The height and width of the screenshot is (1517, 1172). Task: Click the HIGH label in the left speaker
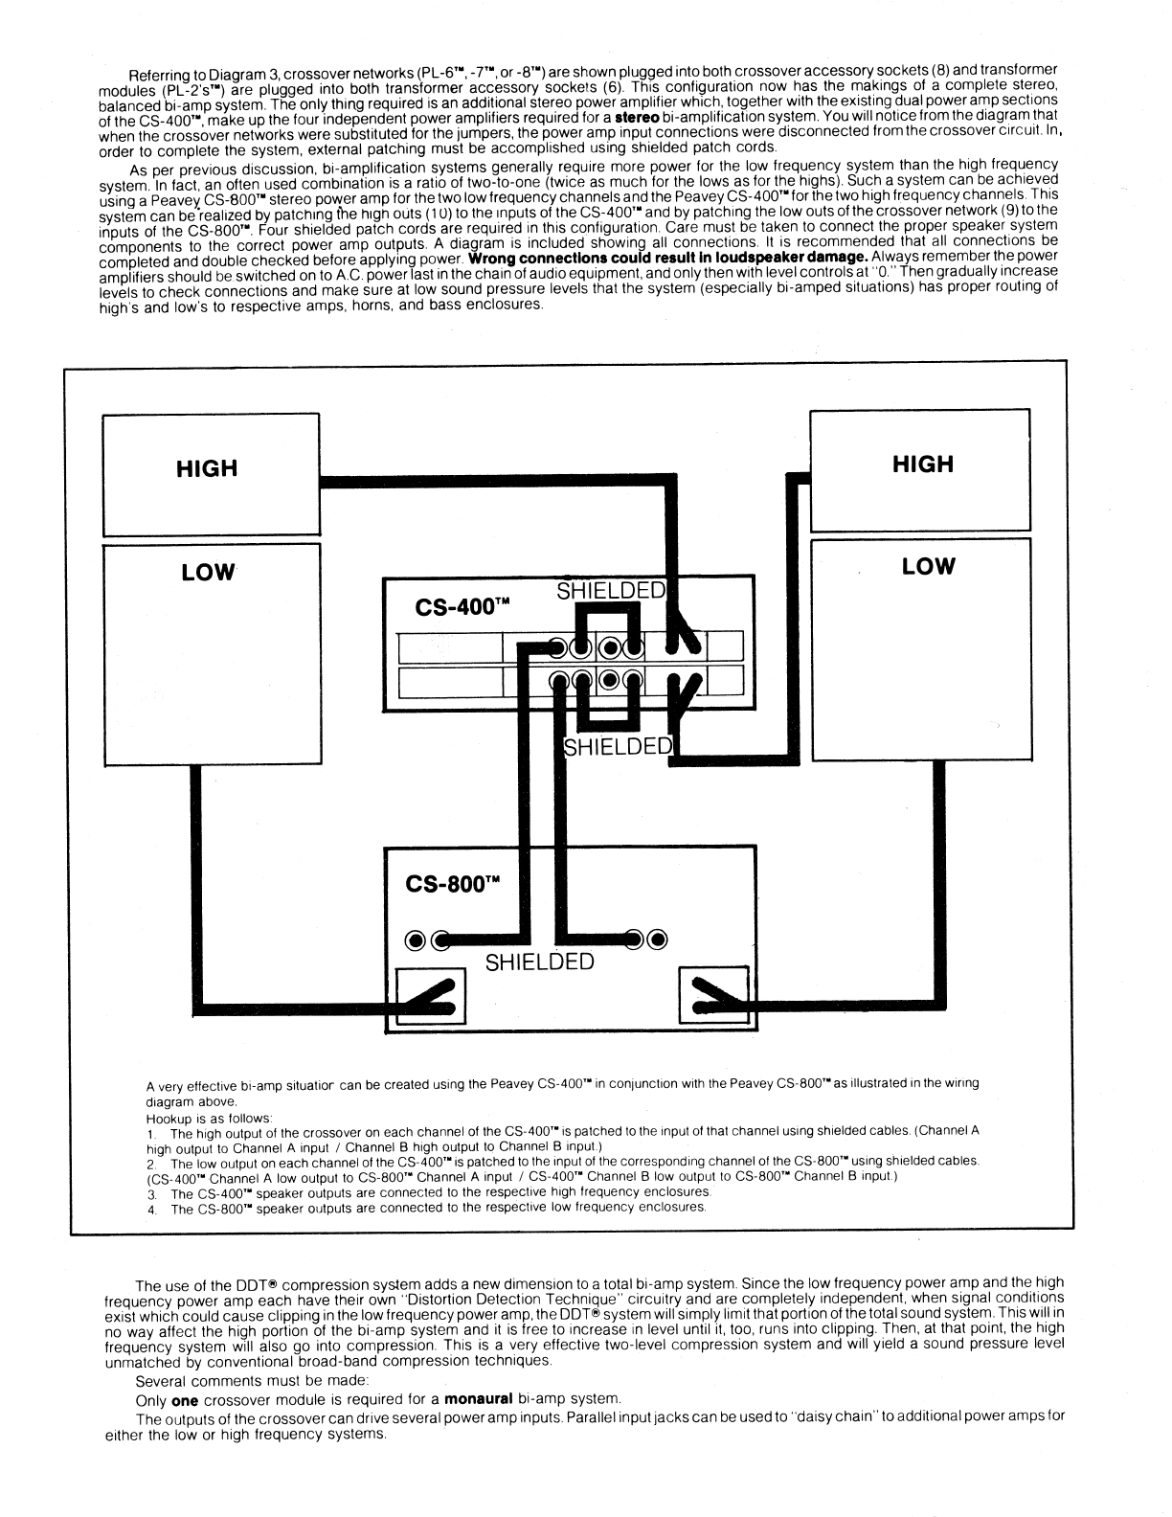click(x=207, y=468)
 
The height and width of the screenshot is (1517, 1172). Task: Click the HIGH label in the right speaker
click(x=923, y=464)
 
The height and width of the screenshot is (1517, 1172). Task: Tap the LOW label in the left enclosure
click(x=208, y=572)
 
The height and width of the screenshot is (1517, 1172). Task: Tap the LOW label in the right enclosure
click(x=928, y=566)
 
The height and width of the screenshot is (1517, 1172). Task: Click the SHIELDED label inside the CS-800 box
click(x=539, y=962)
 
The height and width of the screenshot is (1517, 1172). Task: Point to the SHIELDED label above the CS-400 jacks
click(x=611, y=591)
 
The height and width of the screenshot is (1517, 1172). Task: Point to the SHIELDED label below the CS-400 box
click(x=619, y=747)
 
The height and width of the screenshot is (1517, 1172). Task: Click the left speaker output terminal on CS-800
click(x=431, y=997)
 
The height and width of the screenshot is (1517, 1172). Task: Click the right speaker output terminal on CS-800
click(x=712, y=997)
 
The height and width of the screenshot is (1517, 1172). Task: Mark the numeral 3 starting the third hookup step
click(x=150, y=1193)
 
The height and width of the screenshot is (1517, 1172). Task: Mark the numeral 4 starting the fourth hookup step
click(x=150, y=1209)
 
